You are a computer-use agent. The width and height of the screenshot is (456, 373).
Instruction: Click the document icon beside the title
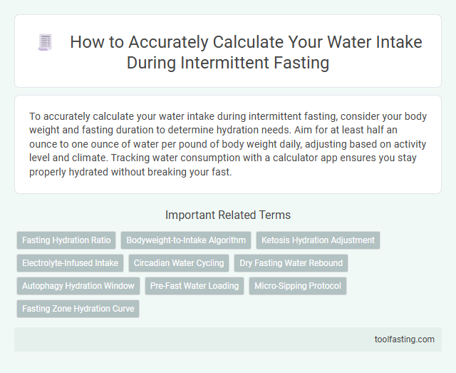coord(45,43)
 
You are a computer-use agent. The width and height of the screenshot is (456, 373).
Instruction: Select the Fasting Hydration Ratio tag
coord(66,240)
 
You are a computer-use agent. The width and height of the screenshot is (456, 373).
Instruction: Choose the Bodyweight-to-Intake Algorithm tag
coord(186,240)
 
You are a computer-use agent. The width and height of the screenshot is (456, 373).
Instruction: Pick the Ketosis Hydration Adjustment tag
coord(318,240)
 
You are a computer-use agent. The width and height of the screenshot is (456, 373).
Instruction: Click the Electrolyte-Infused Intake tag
coord(70,263)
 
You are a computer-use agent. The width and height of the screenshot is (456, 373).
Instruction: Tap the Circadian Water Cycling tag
coord(179,263)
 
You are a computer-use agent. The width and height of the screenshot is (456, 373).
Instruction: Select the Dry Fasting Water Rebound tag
coord(291,263)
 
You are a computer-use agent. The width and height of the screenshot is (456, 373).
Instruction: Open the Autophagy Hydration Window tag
coord(78,286)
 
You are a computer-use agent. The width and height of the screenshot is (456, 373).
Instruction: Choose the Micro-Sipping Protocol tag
coord(298,286)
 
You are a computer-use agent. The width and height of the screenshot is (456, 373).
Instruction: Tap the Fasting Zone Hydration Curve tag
coord(78,309)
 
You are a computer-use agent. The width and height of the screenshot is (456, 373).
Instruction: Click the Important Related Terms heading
coord(227,215)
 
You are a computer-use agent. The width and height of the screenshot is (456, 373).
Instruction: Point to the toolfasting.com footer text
coord(404,339)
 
